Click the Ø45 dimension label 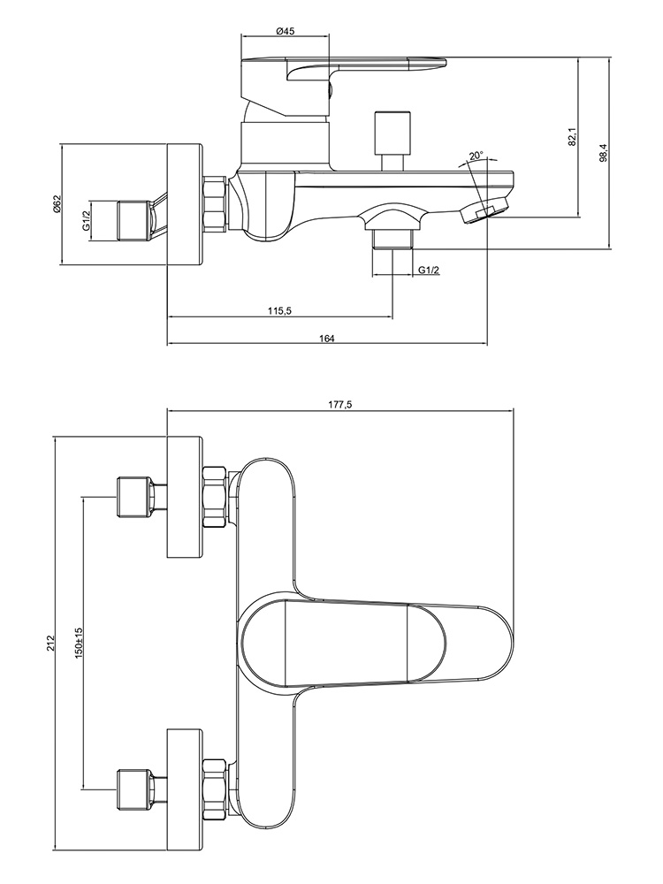click(285, 31)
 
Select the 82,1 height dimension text click(572, 136)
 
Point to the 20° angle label click(476, 156)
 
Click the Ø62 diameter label click(56, 203)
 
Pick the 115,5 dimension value click(279, 310)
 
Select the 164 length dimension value click(328, 339)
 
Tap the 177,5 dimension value click(340, 404)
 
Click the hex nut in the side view click(215, 203)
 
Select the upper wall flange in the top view click(185, 497)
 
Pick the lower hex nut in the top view click(215, 779)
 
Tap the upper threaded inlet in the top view click(133, 497)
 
